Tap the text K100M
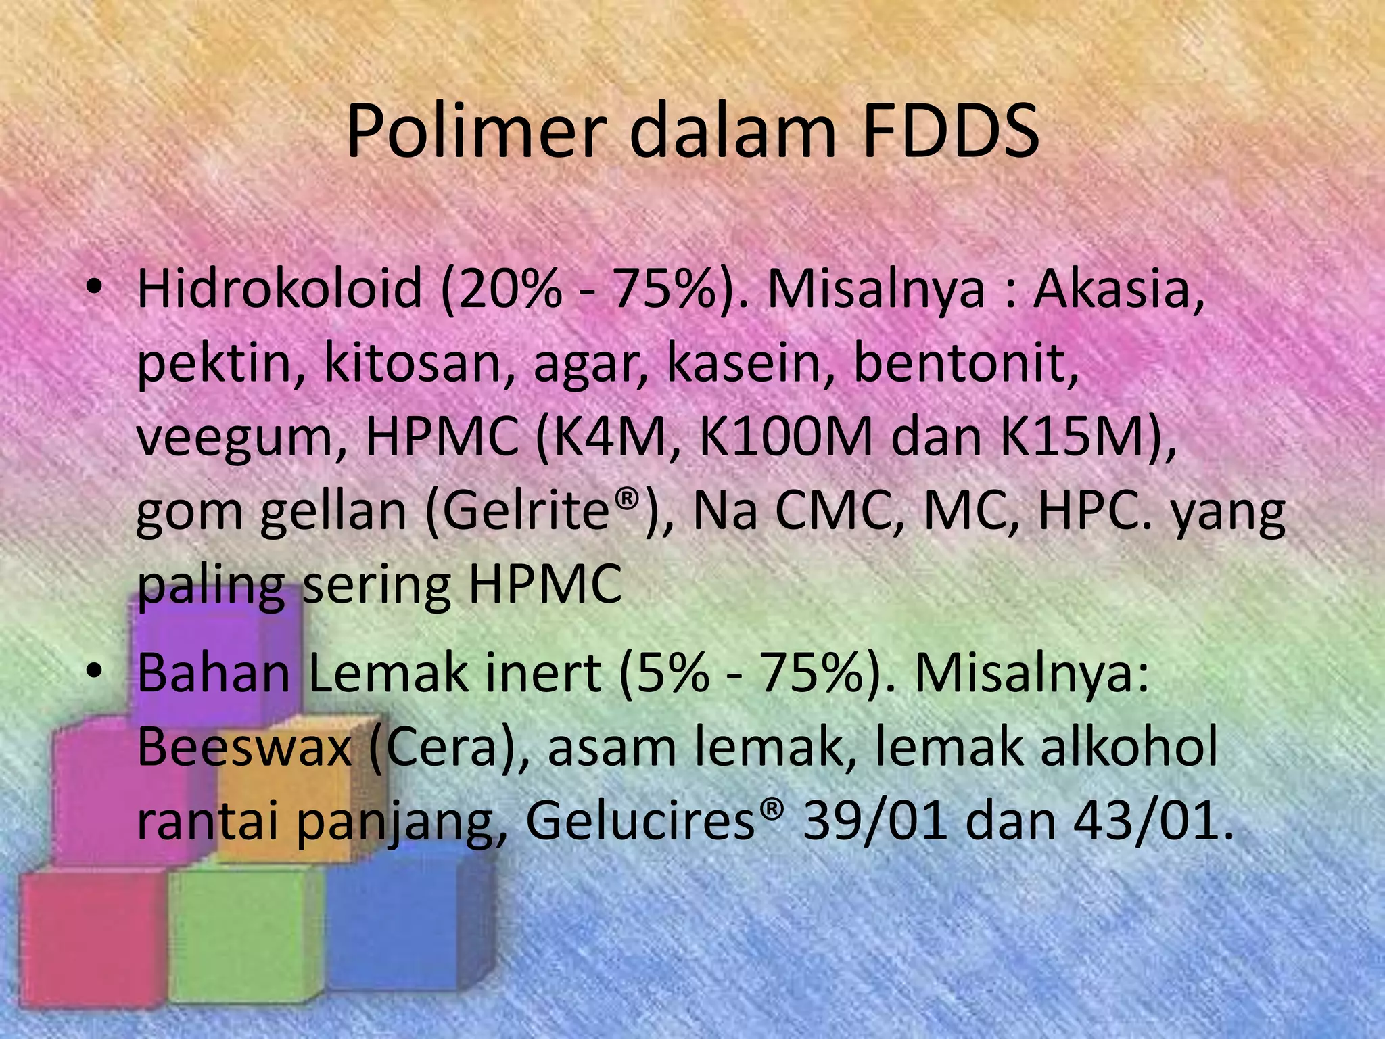[784, 438]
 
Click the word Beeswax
[244, 747]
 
